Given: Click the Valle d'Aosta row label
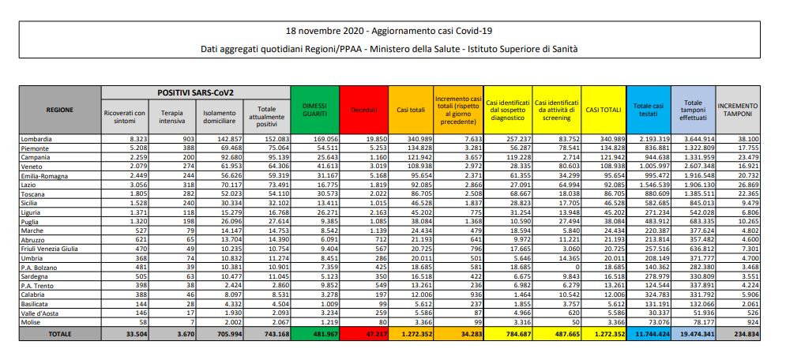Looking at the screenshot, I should (38, 314).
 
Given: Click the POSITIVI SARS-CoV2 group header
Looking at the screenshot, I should (195, 92).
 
